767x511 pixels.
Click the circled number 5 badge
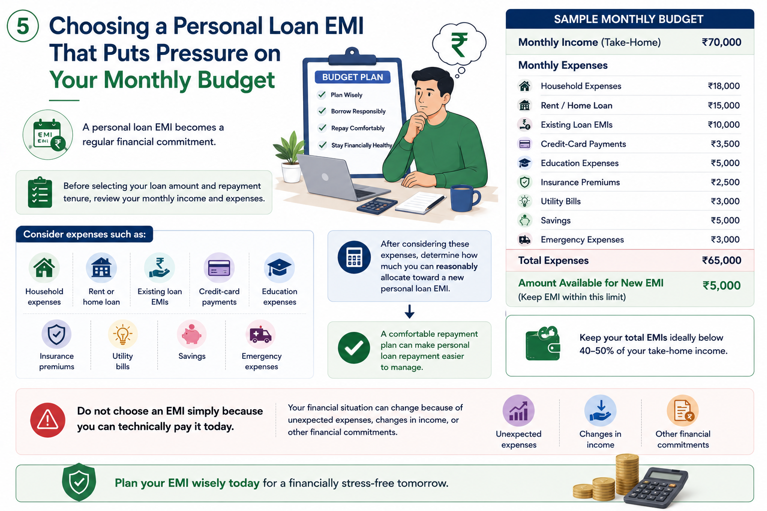[x=22, y=26]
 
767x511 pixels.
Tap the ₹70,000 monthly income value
[x=722, y=42]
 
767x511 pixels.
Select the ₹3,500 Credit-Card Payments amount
[x=725, y=144]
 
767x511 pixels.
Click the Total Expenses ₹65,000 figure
[x=722, y=260]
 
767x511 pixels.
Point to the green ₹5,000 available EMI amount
[x=722, y=285]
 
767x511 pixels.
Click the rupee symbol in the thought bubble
[x=459, y=44]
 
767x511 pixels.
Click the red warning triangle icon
[x=47, y=420]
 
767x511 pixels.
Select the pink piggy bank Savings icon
[x=191, y=334]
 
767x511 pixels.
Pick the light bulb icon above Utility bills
[x=122, y=334]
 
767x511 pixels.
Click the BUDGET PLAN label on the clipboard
[x=353, y=77]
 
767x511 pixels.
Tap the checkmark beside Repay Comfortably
[x=322, y=128]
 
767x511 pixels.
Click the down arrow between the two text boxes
[x=409, y=311]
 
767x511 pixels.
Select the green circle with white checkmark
[x=354, y=348]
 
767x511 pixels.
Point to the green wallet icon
[x=543, y=344]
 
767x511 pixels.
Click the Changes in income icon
[x=600, y=411]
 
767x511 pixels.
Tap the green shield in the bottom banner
[x=79, y=482]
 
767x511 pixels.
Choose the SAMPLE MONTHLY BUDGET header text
[x=629, y=19]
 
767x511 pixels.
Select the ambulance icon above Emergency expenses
[x=261, y=334]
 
